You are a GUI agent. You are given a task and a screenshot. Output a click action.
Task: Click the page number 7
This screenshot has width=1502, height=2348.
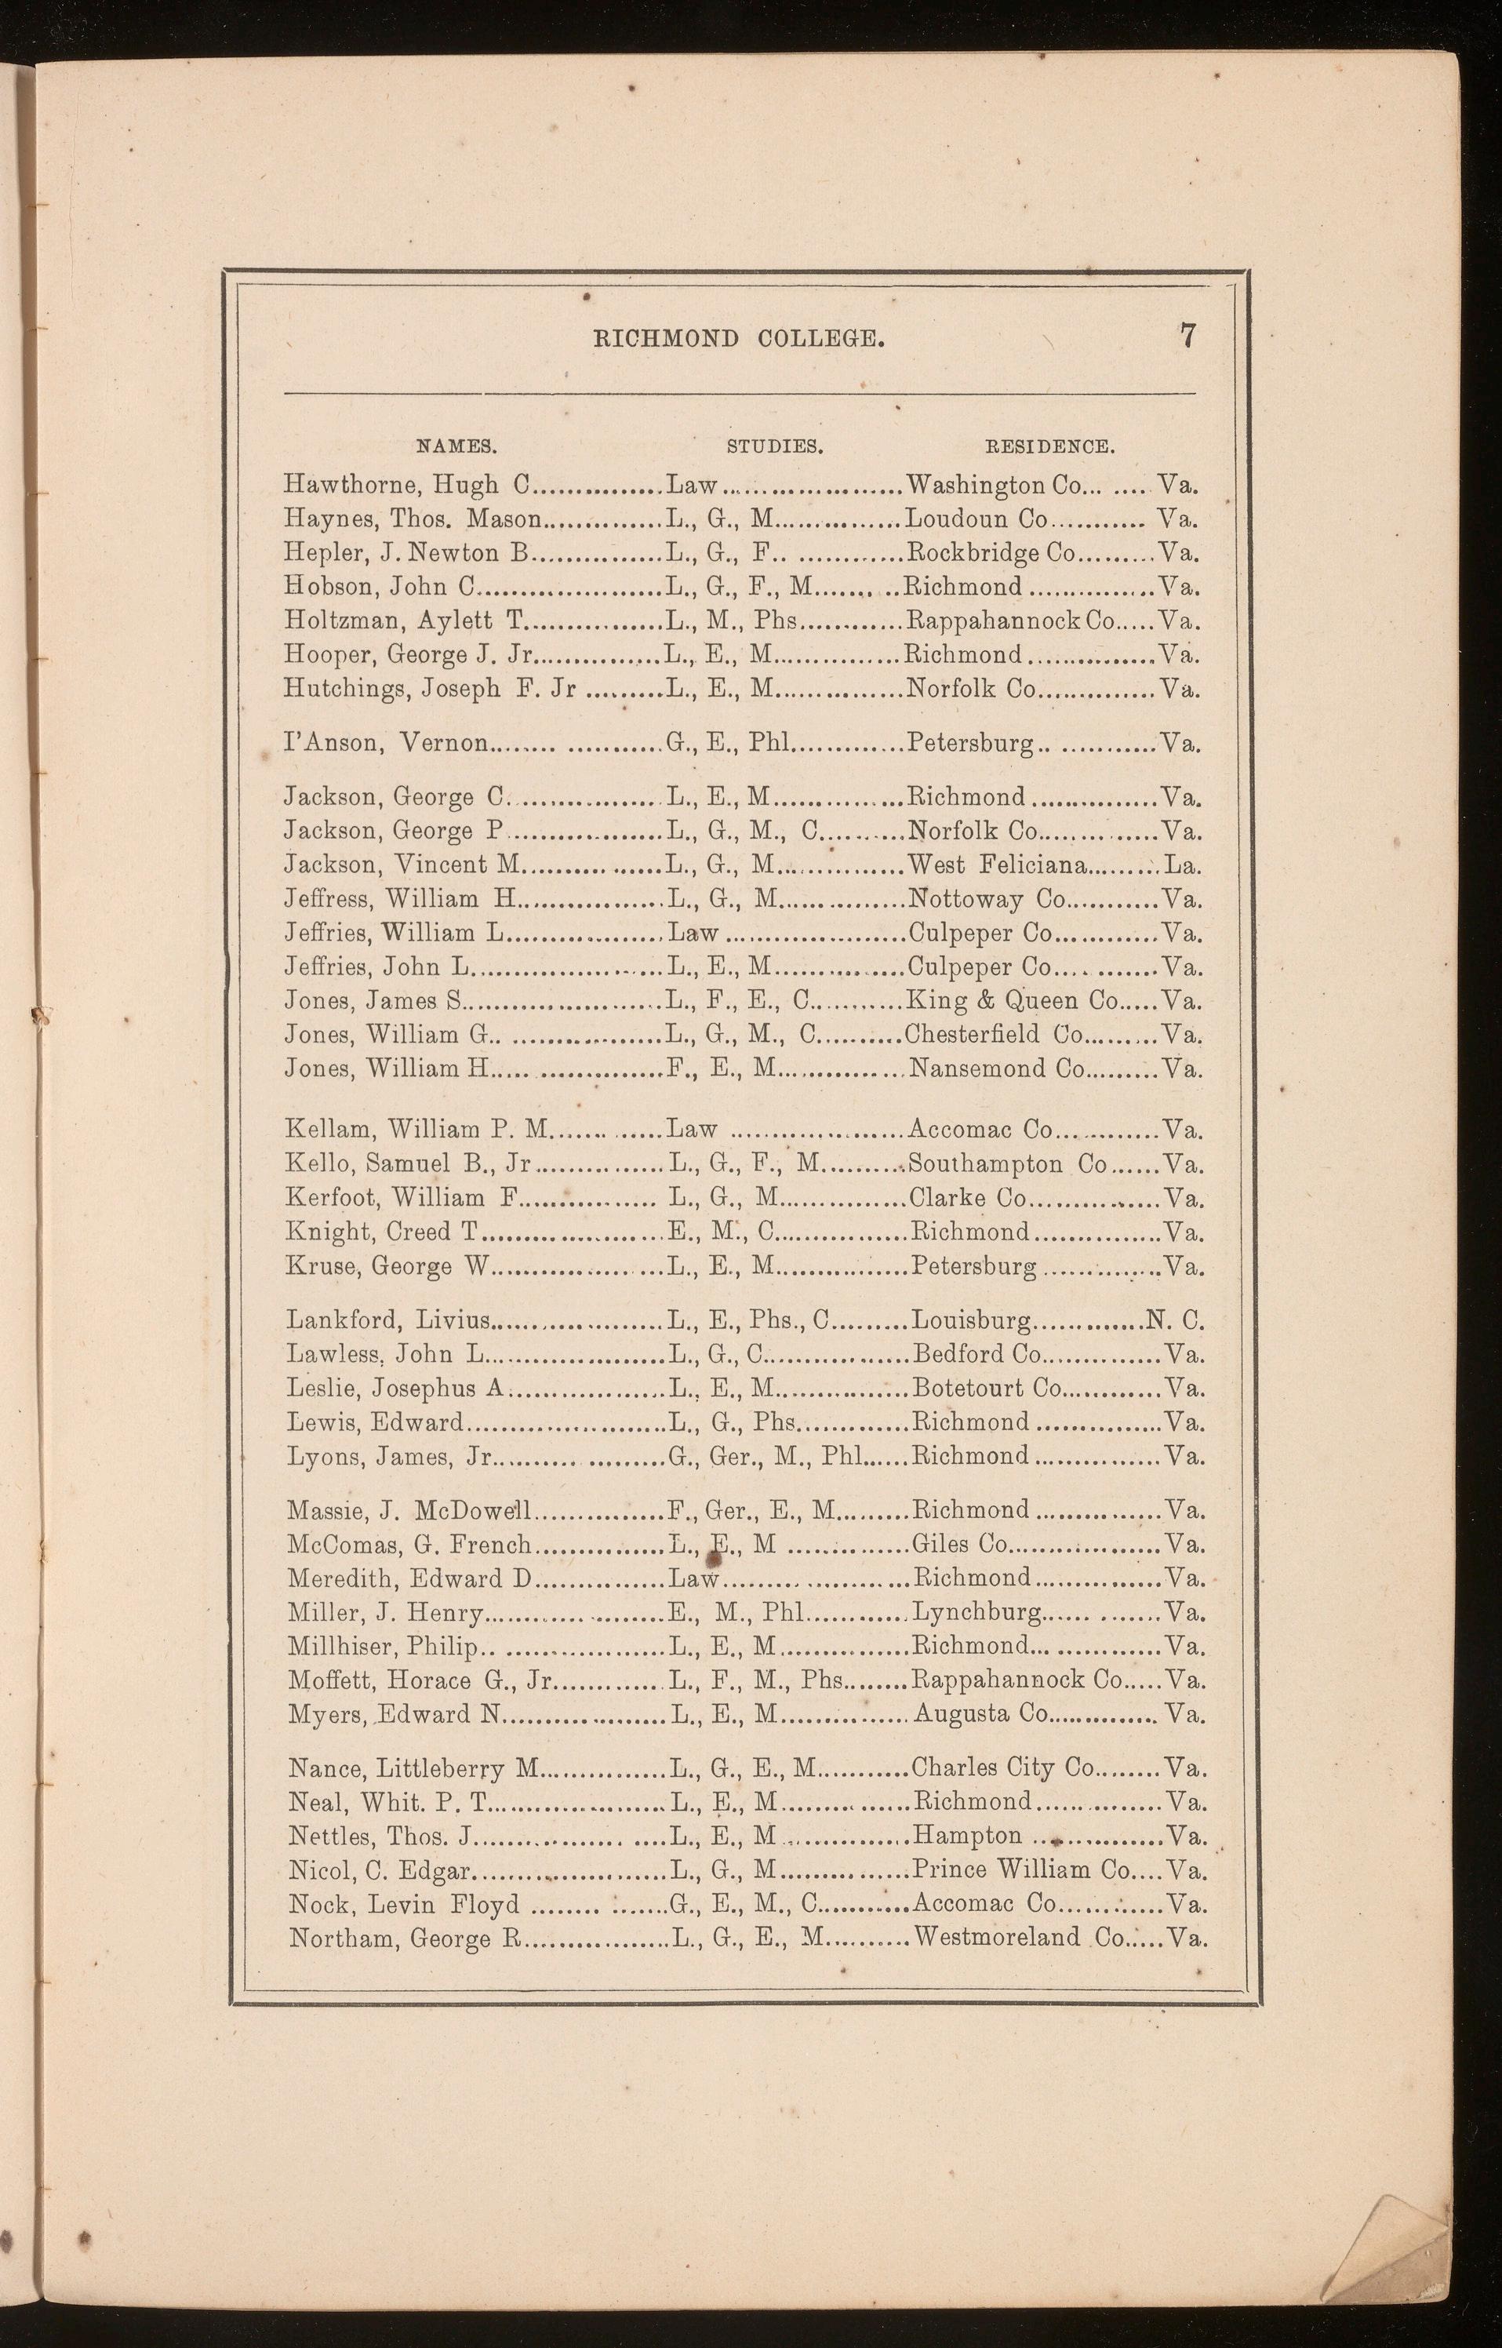(x=1187, y=336)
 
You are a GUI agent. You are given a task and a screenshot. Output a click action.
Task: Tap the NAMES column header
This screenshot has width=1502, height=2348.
(x=457, y=447)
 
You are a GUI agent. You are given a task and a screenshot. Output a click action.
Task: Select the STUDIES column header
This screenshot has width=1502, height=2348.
(x=776, y=447)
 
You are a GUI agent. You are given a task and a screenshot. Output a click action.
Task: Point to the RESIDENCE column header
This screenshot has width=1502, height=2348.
(x=1049, y=447)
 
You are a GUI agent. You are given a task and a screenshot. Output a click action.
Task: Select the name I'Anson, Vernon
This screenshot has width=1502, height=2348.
(x=386, y=744)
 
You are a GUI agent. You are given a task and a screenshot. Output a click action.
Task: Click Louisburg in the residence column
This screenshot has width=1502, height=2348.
(x=970, y=1321)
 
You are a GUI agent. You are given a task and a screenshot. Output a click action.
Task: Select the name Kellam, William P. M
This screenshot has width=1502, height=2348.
(x=418, y=1130)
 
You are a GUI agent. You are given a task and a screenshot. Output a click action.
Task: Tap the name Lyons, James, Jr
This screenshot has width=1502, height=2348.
(x=390, y=1456)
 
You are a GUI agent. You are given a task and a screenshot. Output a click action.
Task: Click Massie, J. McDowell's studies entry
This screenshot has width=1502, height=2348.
(x=752, y=1511)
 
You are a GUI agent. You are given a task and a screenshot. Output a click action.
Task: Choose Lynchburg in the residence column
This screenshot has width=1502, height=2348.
(x=976, y=1614)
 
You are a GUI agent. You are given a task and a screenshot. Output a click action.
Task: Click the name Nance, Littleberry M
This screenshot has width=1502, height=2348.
(x=414, y=1768)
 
